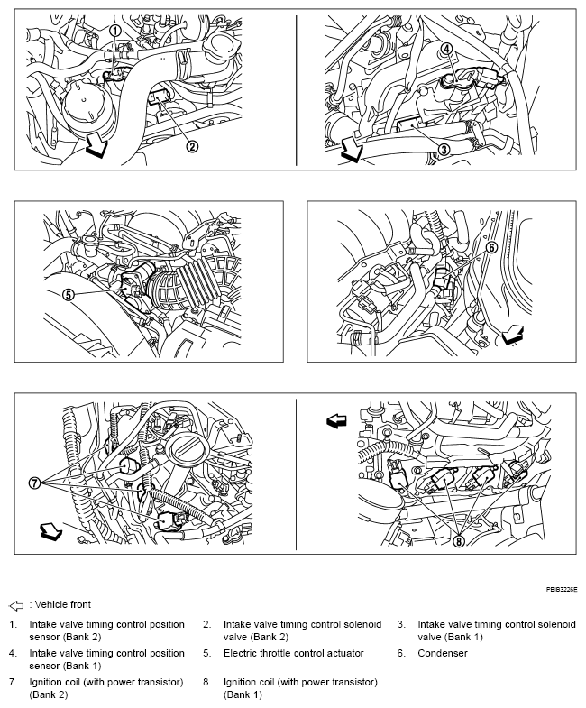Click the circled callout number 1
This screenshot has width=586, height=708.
point(114,31)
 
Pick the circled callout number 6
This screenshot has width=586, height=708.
point(491,247)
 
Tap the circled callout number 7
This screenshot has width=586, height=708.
point(35,483)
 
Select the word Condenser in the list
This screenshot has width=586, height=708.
point(443,653)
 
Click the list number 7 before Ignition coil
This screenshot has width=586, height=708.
point(13,681)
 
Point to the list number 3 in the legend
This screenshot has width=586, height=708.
point(401,624)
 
